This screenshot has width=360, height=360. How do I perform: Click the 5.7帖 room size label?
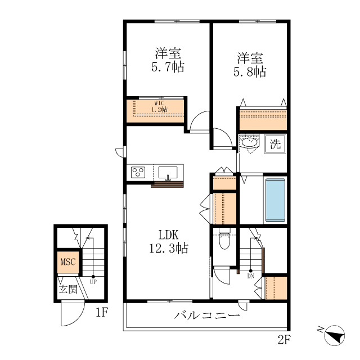click(x=168, y=67)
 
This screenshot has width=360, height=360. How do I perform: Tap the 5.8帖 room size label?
click(x=250, y=72)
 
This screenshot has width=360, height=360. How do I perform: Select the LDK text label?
click(x=169, y=235)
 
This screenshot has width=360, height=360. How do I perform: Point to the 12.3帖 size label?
click(x=169, y=248)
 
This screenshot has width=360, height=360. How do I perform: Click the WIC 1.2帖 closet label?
click(x=159, y=106)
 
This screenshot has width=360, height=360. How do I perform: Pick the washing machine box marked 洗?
click(x=275, y=144)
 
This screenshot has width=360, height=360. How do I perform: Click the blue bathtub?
click(x=275, y=200)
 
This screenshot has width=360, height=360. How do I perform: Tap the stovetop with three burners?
click(x=138, y=172)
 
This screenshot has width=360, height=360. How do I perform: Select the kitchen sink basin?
click(x=168, y=173)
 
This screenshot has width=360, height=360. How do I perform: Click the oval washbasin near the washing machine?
click(x=249, y=142)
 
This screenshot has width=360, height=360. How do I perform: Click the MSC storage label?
click(x=68, y=262)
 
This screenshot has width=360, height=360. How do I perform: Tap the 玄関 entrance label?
click(x=68, y=290)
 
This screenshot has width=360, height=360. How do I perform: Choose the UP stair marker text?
click(x=93, y=282)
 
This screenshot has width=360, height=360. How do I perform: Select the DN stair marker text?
click(x=251, y=276)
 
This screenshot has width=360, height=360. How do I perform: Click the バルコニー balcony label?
click(x=206, y=315)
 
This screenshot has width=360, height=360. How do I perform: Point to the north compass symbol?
click(x=335, y=335)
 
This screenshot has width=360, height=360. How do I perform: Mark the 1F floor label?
click(x=102, y=312)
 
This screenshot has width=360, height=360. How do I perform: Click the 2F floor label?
click(x=284, y=340)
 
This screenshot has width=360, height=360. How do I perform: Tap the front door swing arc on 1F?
click(x=78, y=319)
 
